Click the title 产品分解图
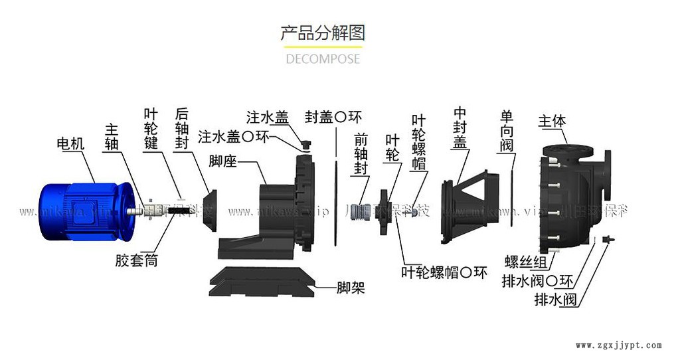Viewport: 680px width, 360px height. pos(322,33)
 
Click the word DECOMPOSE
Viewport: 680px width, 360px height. pos(323,58)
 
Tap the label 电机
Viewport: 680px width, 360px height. pos(72,143)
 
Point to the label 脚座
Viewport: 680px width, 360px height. pos(224,161)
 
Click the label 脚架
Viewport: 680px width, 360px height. pos(351,288)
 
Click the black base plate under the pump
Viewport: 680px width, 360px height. pos(262,281)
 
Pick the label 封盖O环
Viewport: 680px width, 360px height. pos(333,118)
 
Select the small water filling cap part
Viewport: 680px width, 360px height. pos(305,144)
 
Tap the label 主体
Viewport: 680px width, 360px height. pos(552,122)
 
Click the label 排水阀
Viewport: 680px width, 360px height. pos(556,300)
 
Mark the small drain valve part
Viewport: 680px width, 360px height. pos(606,239)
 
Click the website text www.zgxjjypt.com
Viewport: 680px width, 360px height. pos(618,345)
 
